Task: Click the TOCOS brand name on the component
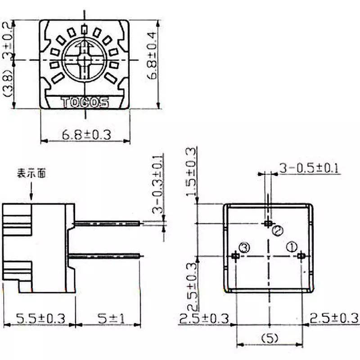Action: point(85,103)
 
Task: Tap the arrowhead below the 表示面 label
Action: point(31,197)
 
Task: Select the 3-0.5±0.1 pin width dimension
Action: point(309,168)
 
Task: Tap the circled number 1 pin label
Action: point(292,246)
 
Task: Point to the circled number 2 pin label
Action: point(278,230)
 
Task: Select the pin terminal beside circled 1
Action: point(301,256)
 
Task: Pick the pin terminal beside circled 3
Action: point(235,256)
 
